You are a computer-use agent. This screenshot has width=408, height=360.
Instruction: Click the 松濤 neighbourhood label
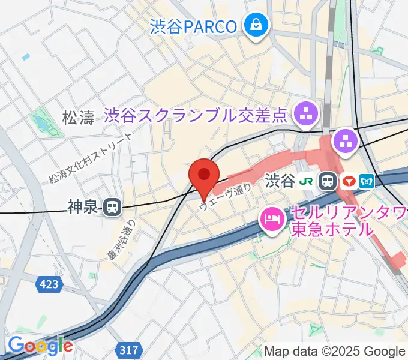click(x=79, y=117)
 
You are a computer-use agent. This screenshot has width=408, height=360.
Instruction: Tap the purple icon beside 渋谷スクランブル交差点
click(x=307, y=113)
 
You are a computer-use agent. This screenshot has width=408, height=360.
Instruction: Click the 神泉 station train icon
click(x=111, y=208)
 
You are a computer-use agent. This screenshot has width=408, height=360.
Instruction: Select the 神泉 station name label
click(x=82, y=208)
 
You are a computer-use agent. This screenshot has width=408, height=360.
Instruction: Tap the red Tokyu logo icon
click(x=348, y=180)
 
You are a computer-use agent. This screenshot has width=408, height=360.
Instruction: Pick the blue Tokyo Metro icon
click(x=367, y=180)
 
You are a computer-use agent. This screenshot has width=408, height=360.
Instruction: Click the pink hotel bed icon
click(x=272, y=218)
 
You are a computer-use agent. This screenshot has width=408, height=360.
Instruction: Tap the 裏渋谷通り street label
click(x=122, y=239)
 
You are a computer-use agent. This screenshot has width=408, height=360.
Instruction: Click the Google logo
click(x=40, y=346)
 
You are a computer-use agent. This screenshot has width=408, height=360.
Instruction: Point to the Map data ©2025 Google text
click(x=335, y=351)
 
